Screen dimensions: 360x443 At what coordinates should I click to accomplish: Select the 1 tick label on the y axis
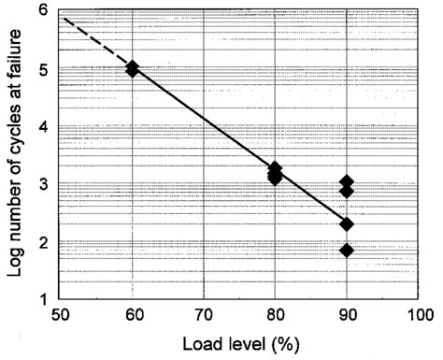(42, 299)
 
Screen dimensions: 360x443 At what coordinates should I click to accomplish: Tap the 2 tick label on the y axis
(42, 242)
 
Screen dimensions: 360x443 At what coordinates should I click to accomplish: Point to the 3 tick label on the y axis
(42, 184)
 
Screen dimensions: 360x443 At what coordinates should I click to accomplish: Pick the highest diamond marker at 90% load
(347, 182)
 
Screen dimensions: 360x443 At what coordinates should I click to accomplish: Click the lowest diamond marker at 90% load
(347, 251)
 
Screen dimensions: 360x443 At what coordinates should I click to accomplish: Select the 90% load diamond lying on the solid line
(347, 224)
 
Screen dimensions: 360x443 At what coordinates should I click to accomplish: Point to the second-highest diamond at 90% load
(347, 192)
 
